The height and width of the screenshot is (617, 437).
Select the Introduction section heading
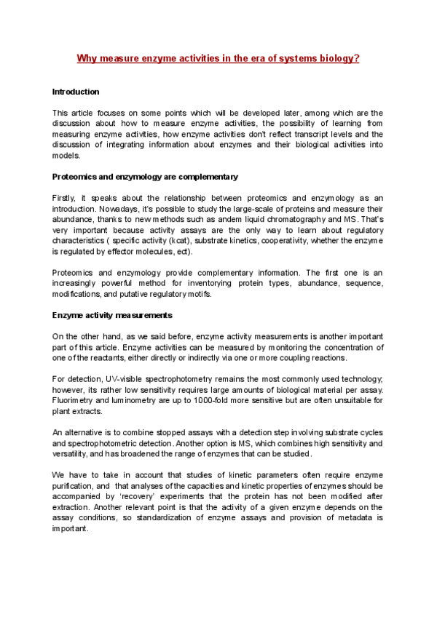point(76,92)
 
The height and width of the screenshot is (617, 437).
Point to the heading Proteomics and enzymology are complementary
point(145,177)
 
